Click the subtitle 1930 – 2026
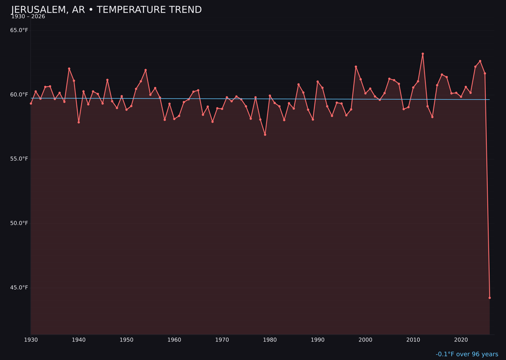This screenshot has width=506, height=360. point(28,17)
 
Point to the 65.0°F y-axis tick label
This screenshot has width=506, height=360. point(19,30)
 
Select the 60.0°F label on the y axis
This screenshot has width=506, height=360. point(19,95)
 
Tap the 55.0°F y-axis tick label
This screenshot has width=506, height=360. point(19,159)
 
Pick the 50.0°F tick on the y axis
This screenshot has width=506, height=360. point(19,223)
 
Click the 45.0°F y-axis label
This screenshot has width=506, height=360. point(19,287)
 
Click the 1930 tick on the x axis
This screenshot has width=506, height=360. point(31,340)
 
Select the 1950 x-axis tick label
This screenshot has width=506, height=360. point(126,340)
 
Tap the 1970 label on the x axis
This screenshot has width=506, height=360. point(222,340)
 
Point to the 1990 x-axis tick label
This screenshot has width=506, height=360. point(318,340)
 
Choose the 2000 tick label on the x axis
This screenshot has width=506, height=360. point(365,340)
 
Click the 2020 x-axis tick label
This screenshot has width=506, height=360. point(461,340)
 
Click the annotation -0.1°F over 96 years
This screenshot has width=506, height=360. point(467,354)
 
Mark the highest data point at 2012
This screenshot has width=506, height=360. point(423,54)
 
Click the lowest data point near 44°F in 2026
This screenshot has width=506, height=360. point(490,298)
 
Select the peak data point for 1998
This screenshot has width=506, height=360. point(356,67)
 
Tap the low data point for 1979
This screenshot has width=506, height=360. point(265,135)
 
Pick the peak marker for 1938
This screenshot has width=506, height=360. point(69,69)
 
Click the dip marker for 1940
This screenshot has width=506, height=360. point(79,122)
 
